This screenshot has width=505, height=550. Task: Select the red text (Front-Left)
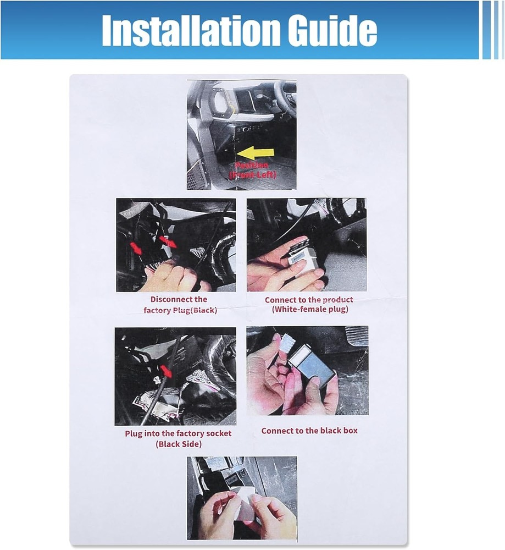tap(253, 175)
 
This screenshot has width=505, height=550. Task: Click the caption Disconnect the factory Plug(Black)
tap(179, 305)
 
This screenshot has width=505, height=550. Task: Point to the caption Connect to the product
tap(309, 300)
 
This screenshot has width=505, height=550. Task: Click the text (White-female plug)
tap(310, 310)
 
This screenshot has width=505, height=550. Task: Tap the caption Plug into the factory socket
tap(178, 433)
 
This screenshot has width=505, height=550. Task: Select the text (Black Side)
tap(178, 444)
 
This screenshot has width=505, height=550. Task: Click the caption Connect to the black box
tap(309, 431)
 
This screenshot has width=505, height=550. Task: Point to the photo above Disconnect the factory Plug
tap(176, 245)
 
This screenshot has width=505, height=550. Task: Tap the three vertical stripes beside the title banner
tap(492, 30)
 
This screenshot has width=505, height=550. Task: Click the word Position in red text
tap(252, 165)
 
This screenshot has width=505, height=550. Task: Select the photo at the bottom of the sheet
tap(242, 498)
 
